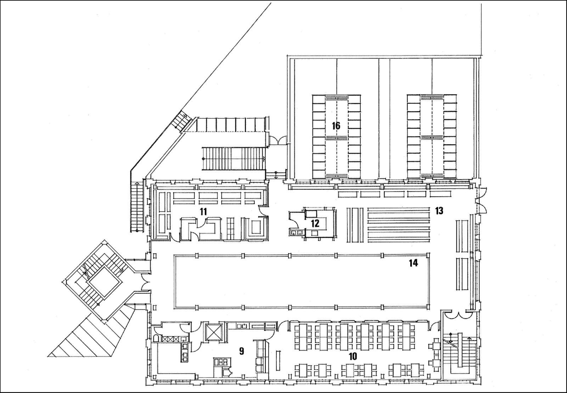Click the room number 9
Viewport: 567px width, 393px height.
click(x=241, y=351)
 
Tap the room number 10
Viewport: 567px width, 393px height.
click(x=353, y=356)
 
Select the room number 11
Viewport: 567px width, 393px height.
click(x=203, y=212)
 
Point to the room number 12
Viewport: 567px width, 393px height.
click(x=315, y=223)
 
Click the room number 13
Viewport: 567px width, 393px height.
click(x=439, y=210)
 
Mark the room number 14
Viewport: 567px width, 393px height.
click(x=413, y=263)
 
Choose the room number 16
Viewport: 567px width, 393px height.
click(x=336, y=125)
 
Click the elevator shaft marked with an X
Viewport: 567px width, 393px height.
click(x=213, y=332)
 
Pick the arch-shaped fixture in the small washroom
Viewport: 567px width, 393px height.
click(x=156, y=338)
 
